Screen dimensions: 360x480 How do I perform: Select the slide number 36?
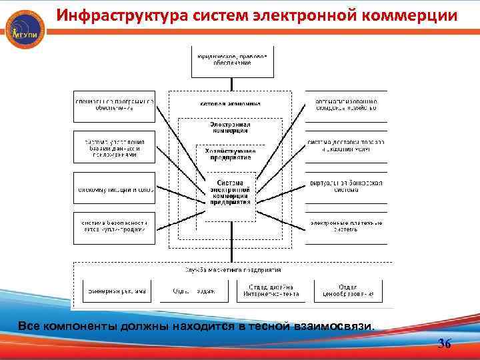(444, 344)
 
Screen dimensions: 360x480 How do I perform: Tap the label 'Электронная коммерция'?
(230, 128)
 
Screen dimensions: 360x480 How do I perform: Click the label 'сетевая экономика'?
(230, 104)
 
